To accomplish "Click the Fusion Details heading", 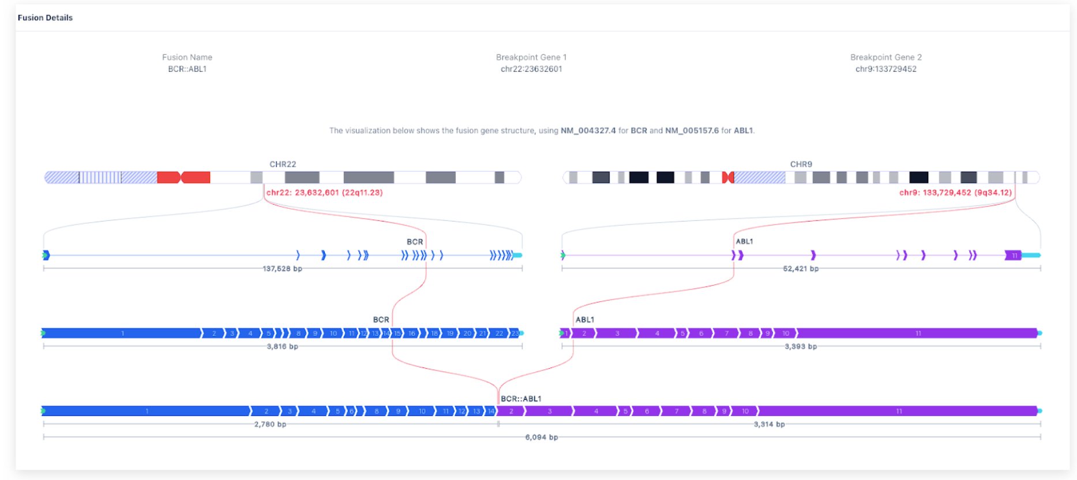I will [x=45, y=18].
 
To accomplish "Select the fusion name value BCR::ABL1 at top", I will [x=187, y=69].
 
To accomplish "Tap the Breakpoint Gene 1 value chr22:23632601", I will [x=531, y=69].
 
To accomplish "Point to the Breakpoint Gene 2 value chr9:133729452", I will [x=885, y=69].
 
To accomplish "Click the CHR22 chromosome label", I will [x=283, y=164].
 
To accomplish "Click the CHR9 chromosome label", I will [x=801, y=164].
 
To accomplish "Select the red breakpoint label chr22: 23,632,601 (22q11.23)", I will [x=324, y=193].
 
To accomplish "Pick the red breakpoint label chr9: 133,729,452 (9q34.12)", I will [x=955, y=193].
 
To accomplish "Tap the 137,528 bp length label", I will [x=282, y=269].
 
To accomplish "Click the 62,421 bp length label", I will [x=801, y=269].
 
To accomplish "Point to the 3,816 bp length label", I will [x=282, y=347].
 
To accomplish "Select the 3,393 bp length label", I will [x=801, y=347].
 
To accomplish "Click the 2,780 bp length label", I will [x=270, y=425].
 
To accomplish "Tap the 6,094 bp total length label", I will [x=541, y=437].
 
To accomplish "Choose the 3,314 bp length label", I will [x=769, y=425].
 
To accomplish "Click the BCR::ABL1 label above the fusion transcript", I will [x=521, y=399].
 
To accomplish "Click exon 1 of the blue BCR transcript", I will [x=122, y=333].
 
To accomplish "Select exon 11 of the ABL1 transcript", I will [x=917, y=333].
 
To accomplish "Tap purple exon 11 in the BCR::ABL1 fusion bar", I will [x=898, y=411].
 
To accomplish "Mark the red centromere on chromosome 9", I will [x=728, y=178].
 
